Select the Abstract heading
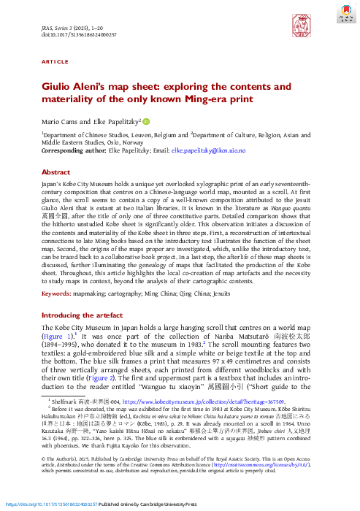coord(55,174)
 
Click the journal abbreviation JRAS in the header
coord(48,25)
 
